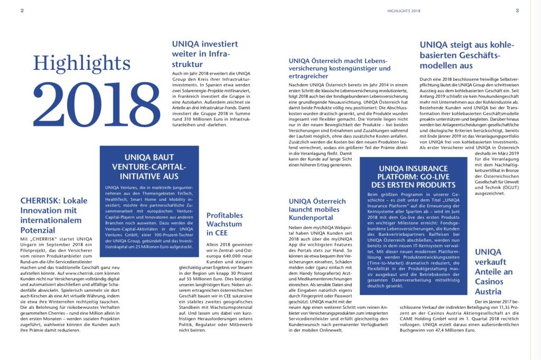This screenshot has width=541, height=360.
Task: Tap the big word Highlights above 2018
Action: pos(81,63)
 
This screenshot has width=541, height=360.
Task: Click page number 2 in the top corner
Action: pos(22,10)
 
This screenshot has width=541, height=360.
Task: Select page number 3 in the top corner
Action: pos(517,10)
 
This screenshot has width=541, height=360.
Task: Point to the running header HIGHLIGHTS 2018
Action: pos(404,10)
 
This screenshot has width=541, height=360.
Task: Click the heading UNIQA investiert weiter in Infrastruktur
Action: pos(205,54)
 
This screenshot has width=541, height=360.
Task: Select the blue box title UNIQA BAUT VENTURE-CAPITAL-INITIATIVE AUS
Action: pos(149,167)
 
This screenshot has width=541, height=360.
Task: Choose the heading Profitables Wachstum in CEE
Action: pos(225,224)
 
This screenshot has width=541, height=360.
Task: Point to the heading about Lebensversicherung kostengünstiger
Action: pos(339,68)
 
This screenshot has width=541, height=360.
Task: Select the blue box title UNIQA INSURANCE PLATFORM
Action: pos(406,177)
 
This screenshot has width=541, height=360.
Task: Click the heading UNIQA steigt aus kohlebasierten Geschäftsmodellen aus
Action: pos(460,55)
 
